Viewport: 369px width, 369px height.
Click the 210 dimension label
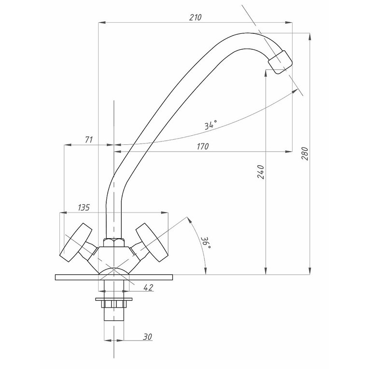tap(195, 17)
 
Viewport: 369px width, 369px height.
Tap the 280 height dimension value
tap(305, 154)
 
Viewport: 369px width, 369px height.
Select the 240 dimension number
tap(261, 172)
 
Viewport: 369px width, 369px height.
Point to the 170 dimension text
tap(203, 146)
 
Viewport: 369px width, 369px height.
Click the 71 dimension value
tap(89, 140)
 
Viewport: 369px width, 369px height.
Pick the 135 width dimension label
tap(84, 207)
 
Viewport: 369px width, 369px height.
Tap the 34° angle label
tap(211, 125)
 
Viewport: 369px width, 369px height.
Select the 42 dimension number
tap(148, 287)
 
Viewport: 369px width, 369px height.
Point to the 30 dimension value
tap(148, 337)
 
